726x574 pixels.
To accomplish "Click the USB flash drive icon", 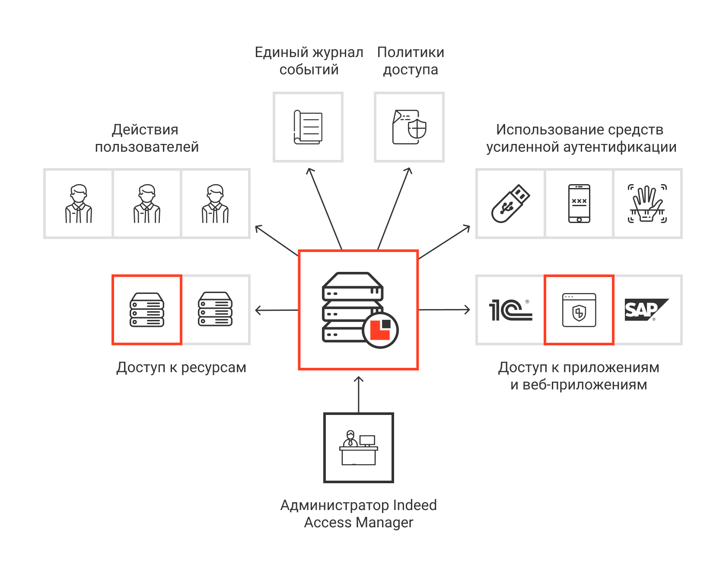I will point(510,204).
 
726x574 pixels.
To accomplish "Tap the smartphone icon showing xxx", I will point(579,204).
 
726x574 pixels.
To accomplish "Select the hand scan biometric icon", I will point(647,204).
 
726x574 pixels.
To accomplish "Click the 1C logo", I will point(510,310).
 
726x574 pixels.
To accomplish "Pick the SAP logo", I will point(646,309).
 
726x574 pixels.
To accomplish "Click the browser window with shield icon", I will point(579,310).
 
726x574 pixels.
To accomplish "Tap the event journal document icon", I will point(308,128).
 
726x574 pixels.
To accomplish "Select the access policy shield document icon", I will point(409,128).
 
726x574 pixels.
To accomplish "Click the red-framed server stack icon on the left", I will point(147,310).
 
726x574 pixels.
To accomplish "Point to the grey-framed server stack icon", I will point(215,310).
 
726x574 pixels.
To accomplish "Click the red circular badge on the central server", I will point(380,330).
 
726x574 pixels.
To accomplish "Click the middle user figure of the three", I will point(147,204).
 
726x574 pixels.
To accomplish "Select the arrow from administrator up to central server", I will point(359,393).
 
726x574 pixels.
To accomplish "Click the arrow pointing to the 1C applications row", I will point(445,309).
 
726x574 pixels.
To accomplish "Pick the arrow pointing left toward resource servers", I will point(277,310).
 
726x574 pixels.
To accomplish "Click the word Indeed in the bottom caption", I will point(414,505).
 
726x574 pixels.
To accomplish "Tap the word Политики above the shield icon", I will point(411,52).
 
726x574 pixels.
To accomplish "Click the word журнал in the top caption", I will point(338,52).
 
